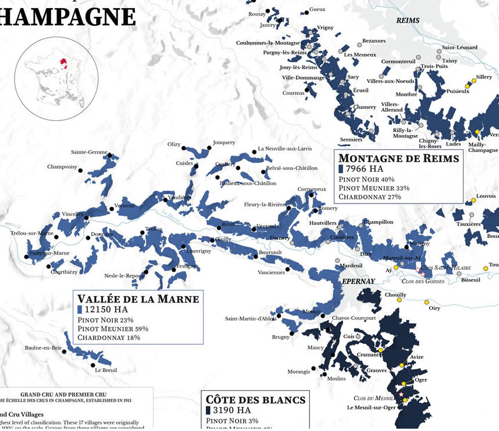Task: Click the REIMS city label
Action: tap(407, 20)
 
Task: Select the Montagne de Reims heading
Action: tap(399, 158)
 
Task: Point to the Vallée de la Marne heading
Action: tap(138, 299)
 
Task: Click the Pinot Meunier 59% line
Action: tap(113, 329)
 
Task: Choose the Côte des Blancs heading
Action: tap(256, 400)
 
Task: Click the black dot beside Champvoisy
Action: tap(80, 171)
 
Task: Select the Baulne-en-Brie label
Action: tap(43, 348)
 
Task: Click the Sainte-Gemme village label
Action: tap(89, 152)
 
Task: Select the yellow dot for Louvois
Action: tap(474, 200)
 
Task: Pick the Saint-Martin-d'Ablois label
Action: tap(250, 318)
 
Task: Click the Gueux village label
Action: tap(318, 9)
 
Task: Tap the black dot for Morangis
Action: tap(314, 368)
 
